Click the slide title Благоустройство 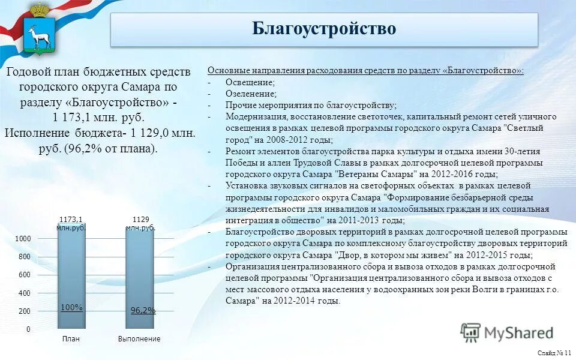(x=324, y=29)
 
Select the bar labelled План (x=71, y=276)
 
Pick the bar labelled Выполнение (x=140, y=276)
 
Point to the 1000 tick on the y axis (x=23, y=239)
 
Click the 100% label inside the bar (x=71, y=307)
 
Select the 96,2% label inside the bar (x=143, y=310)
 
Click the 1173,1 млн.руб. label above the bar (x=71, y=223)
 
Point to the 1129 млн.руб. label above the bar (x=140, y=223)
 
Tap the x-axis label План (x=71, y=339)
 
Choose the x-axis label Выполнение (x=139, y=339)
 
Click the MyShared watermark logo (x=507, y=332)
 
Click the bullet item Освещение (x=250, y=82)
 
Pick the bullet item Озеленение (x=251, y=94)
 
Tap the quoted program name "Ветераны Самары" (x=376, y=174)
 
